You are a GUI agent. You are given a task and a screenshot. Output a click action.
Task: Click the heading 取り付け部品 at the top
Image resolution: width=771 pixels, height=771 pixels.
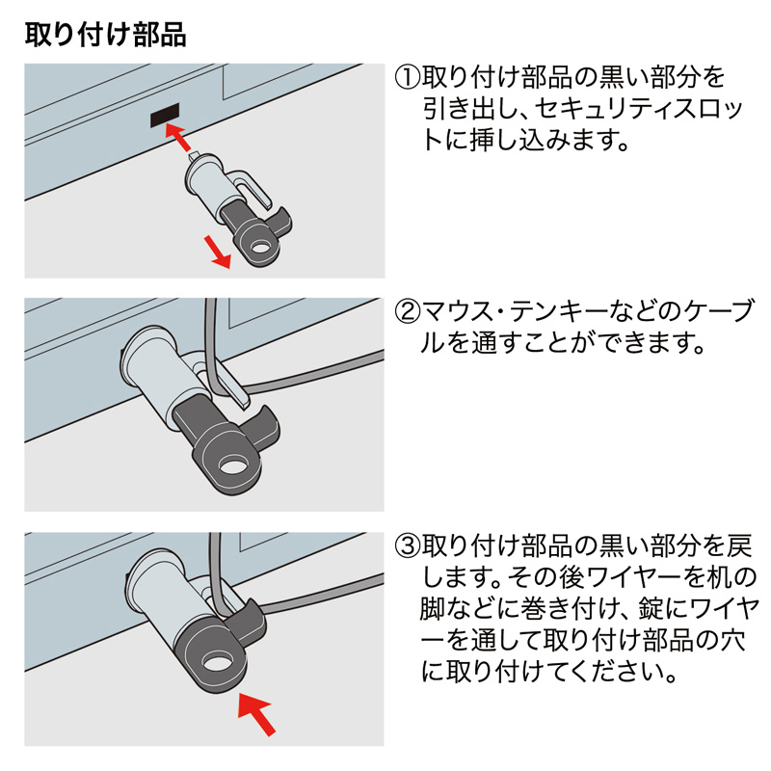(x=105, y=36)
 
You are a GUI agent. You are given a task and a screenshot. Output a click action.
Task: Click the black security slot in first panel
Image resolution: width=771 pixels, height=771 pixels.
(x=166, y=115)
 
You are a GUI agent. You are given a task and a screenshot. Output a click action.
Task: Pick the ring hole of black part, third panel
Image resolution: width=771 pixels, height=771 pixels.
(x=216, y=665)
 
